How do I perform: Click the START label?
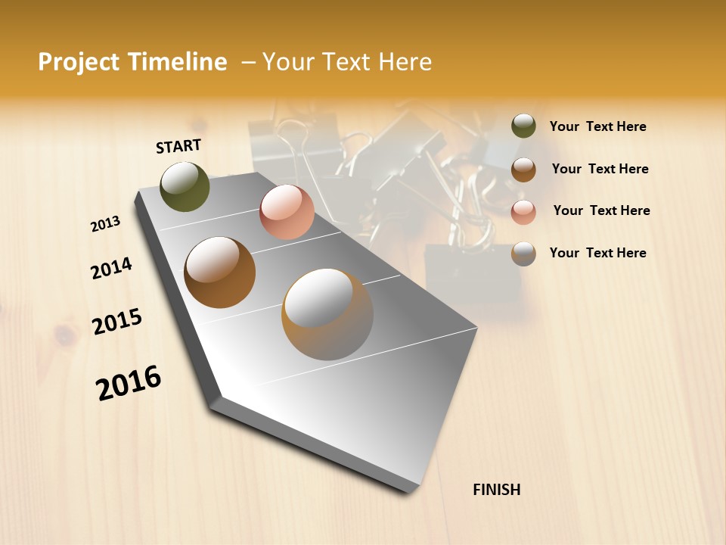coord(178,146)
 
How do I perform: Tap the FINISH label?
coord(496,490)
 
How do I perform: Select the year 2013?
coord(106,224)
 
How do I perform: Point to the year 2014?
coord(111,268)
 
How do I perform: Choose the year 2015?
coord(117,322)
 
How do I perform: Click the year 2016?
coord(129,382)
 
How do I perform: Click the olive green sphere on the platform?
coord(185,186)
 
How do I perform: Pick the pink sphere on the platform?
coord(287,212)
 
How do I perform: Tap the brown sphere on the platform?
coord(220,272)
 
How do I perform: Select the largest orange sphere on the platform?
coord(327,314)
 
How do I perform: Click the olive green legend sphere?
coord(523,126)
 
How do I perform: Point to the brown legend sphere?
coord(523,170)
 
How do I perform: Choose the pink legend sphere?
coord(523,212)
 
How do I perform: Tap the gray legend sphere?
coord(523,254)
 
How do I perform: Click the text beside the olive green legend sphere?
coord(597,126)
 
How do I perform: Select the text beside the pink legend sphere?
coord(601,210)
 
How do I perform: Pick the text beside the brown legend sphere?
coord(600,169)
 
